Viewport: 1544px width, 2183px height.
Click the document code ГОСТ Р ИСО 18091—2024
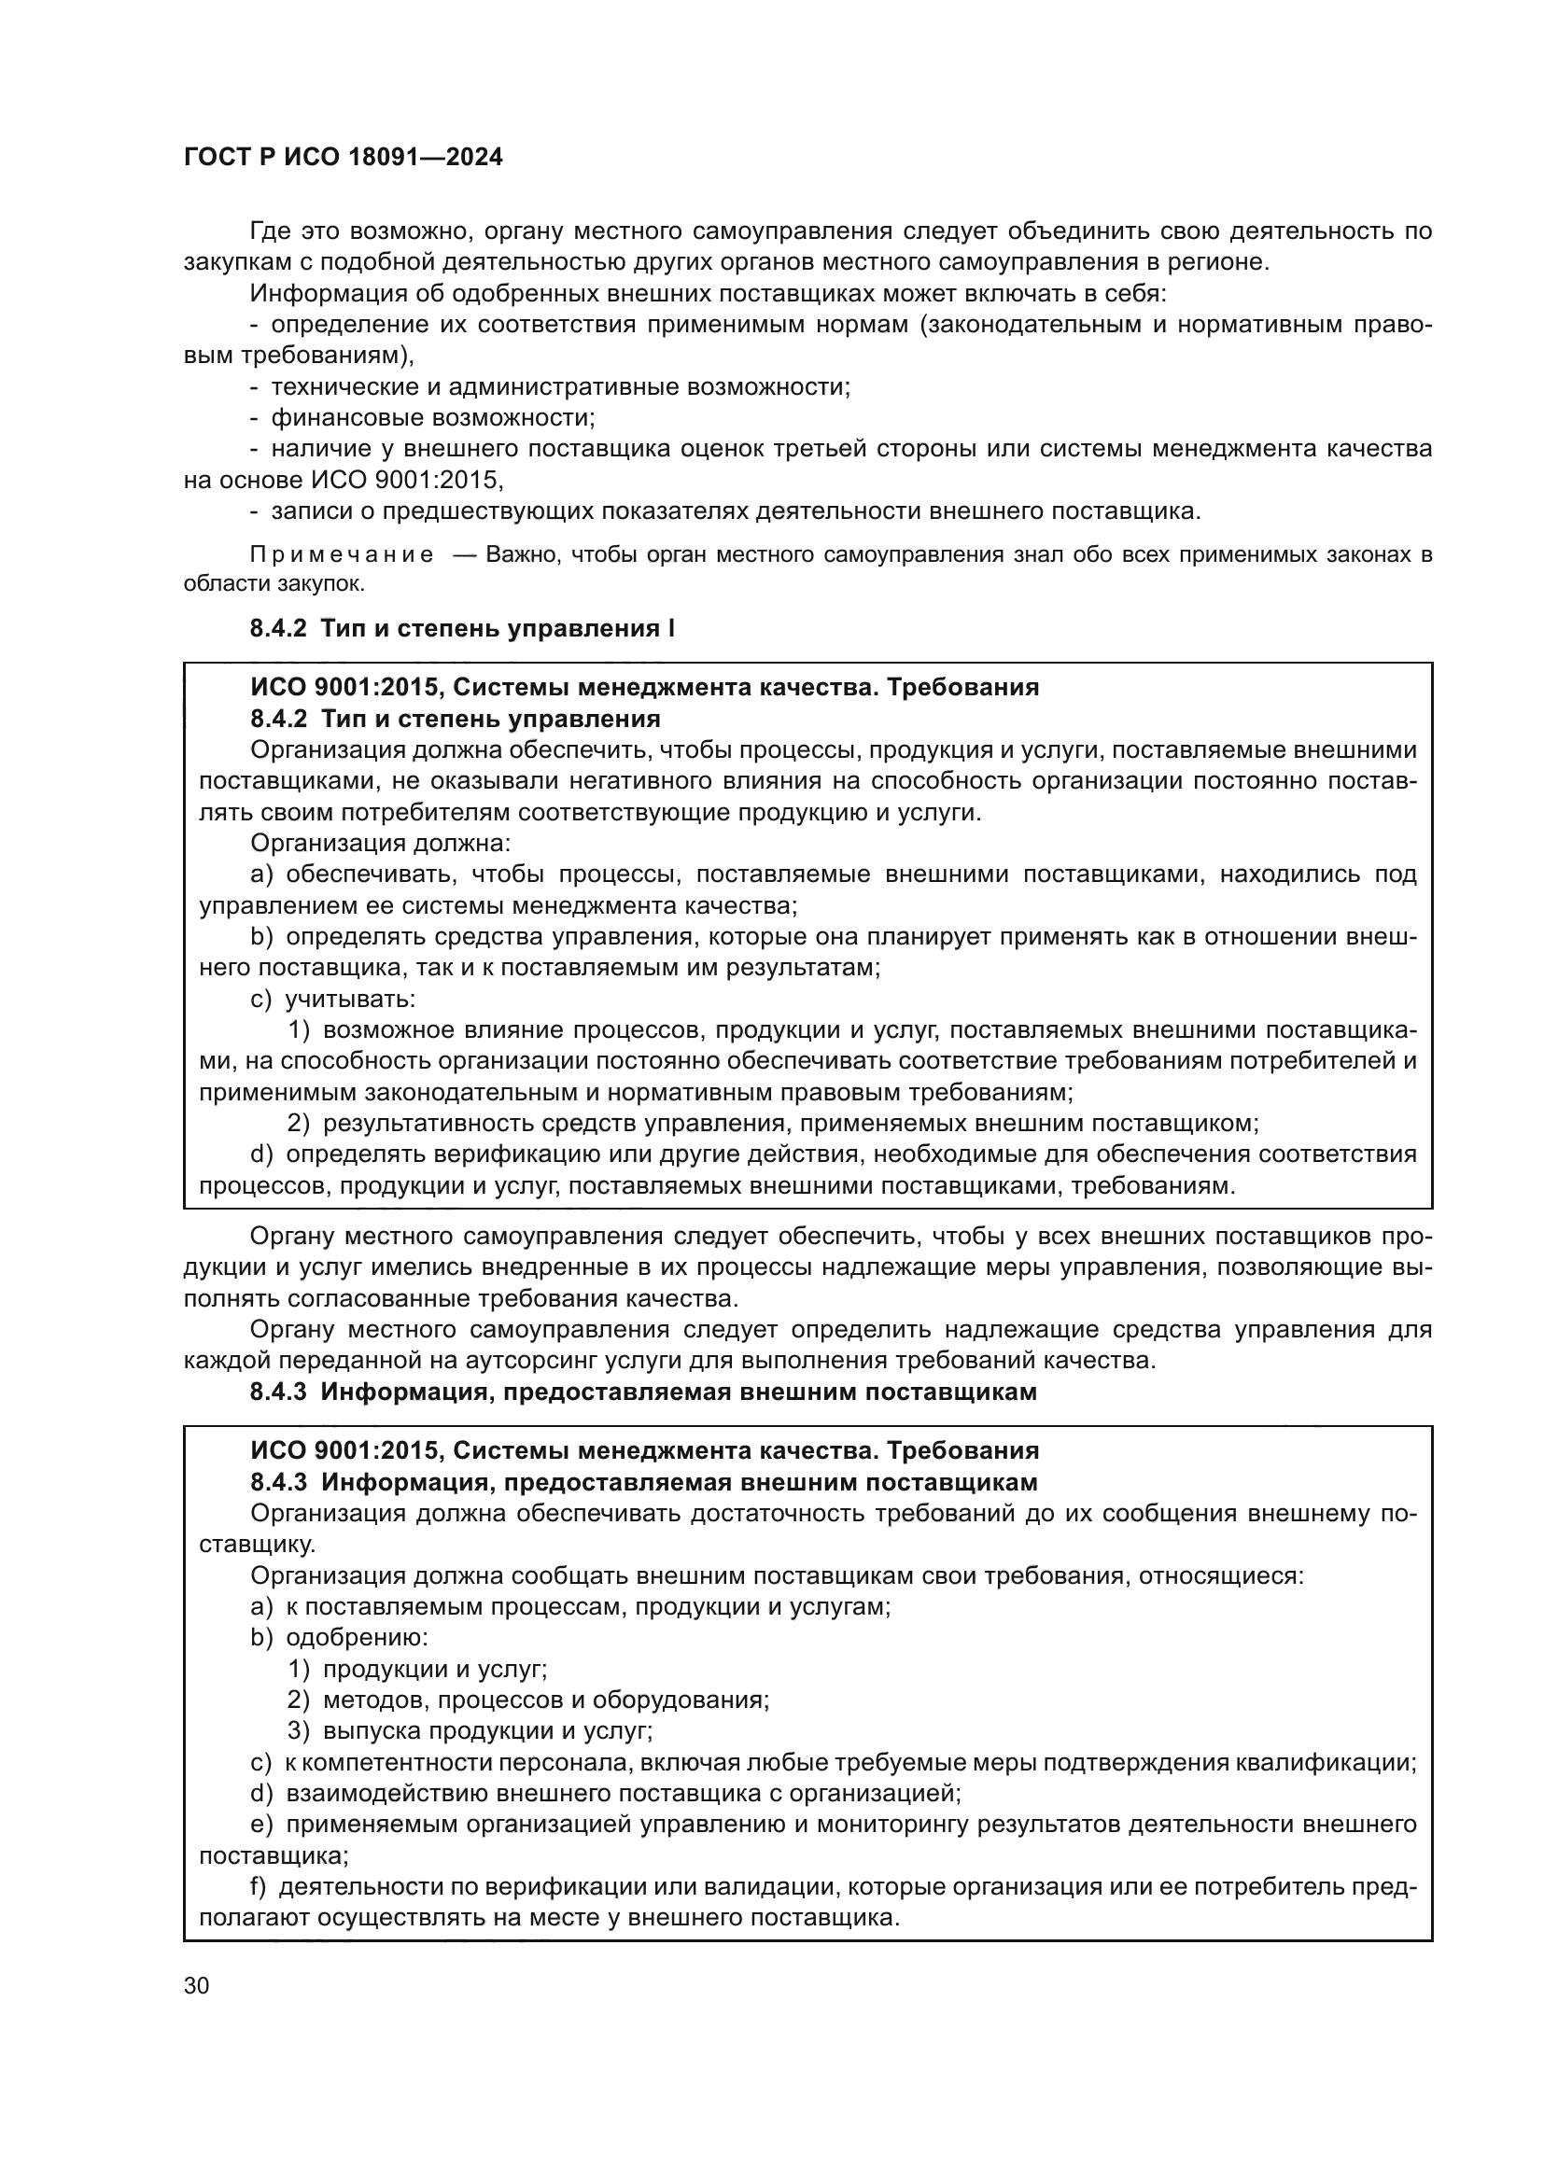tap(344, 158)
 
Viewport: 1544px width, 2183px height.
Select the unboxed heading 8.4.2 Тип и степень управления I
tap(462, 628)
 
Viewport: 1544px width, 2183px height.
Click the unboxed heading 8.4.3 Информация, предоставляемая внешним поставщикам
tap(642, 1392)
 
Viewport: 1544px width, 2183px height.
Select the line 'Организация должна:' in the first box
tap(380, 844)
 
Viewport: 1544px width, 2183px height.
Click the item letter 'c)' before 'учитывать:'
tap(260, 1000)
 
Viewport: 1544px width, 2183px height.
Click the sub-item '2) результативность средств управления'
tap(772, 1124)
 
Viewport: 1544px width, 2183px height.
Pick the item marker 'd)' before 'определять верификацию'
tap(261, 1154)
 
